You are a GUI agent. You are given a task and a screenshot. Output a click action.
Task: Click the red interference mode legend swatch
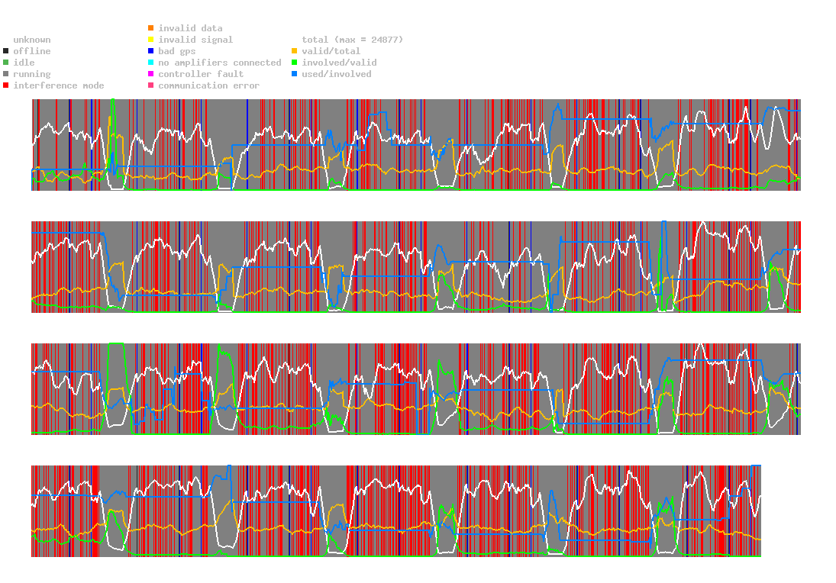[x=6, y=85]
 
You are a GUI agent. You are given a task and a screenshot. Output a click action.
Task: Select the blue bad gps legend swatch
[x=151, y=51]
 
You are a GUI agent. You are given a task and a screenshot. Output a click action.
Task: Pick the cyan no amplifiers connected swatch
[x=151, y=63]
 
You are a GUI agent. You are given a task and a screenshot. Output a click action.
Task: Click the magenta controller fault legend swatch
[x=151, y=74]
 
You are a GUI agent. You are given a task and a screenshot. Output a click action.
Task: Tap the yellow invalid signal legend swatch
[x=151, y=40]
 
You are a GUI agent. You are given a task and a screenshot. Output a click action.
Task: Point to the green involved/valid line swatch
[x=295, y=63]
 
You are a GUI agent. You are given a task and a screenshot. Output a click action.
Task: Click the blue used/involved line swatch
[x=295, y=74]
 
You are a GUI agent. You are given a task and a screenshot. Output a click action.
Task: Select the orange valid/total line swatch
[x=295, y=51]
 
